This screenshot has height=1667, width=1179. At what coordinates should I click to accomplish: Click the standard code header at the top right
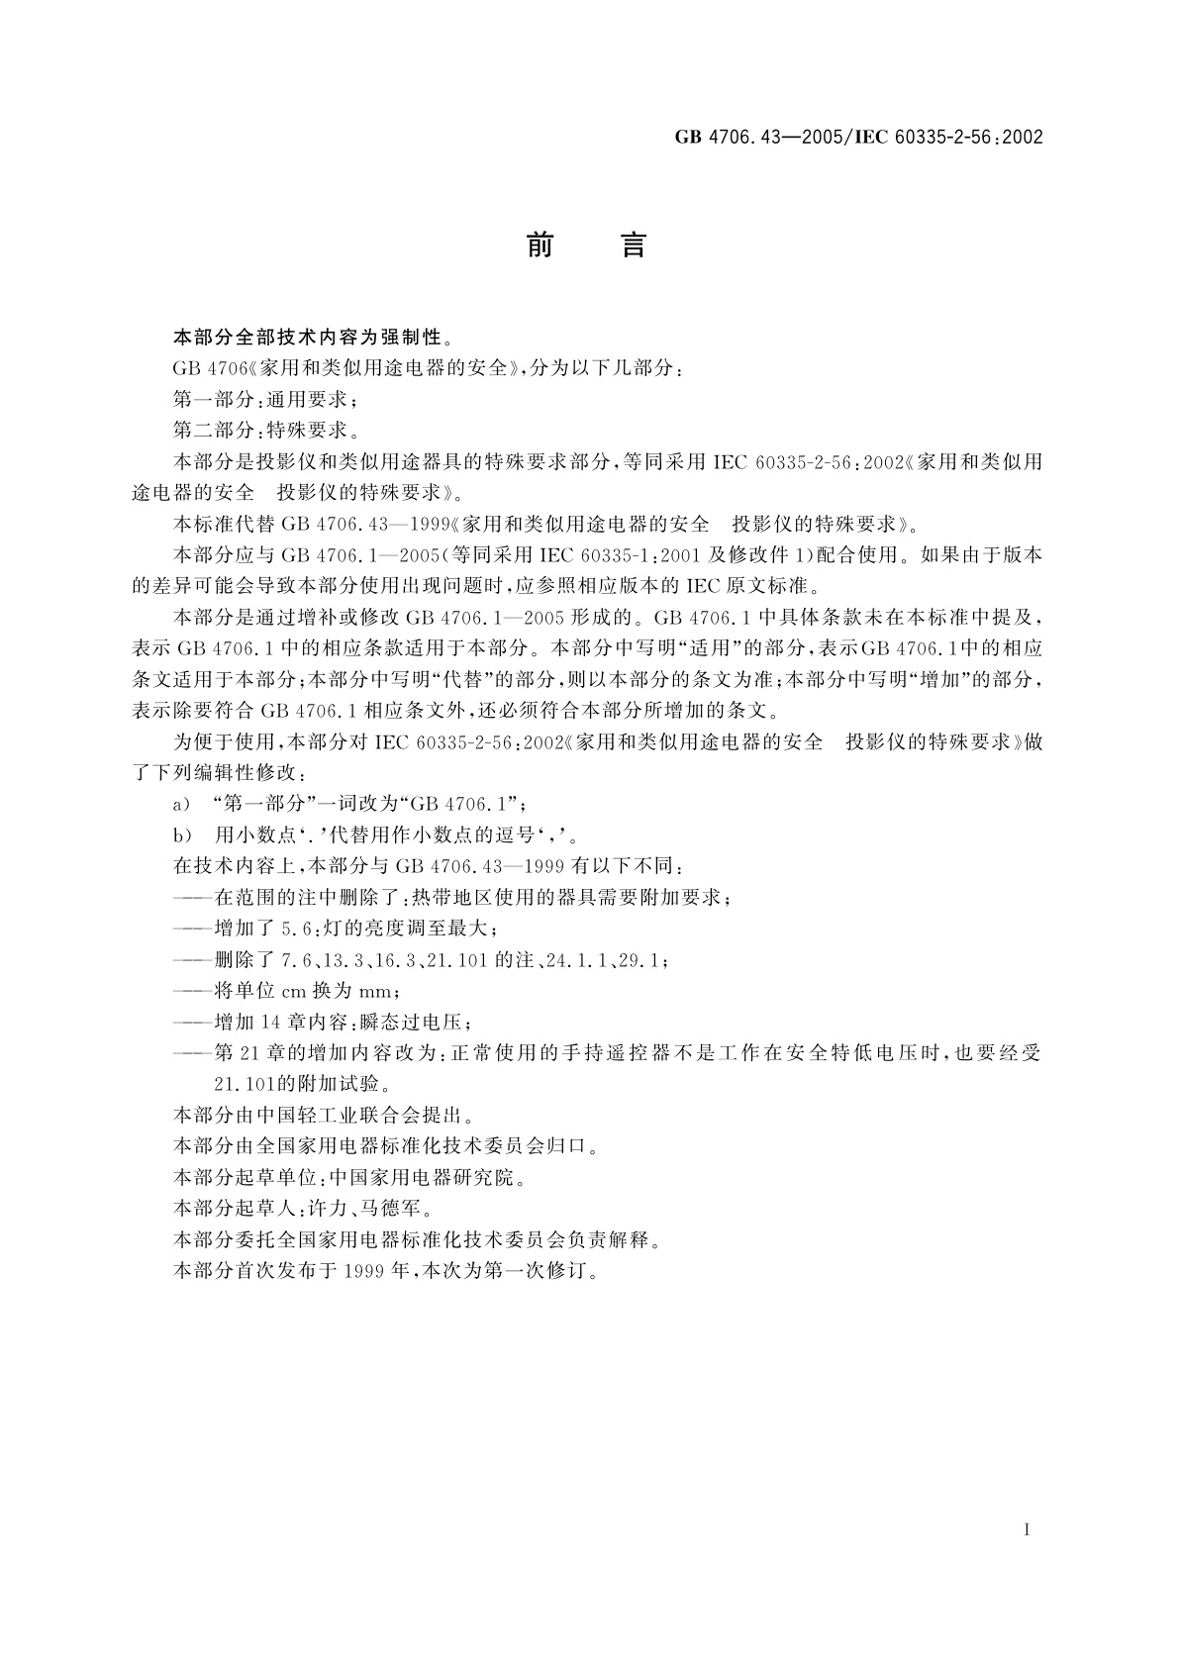click(858, 138)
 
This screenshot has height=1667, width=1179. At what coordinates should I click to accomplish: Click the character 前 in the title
click(540, 245)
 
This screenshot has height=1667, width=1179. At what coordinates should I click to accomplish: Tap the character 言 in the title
click(634, 245)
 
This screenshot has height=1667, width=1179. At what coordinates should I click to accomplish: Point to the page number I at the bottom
click(1028, 1530)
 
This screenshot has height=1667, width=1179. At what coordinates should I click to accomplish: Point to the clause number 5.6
click(293, 929)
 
